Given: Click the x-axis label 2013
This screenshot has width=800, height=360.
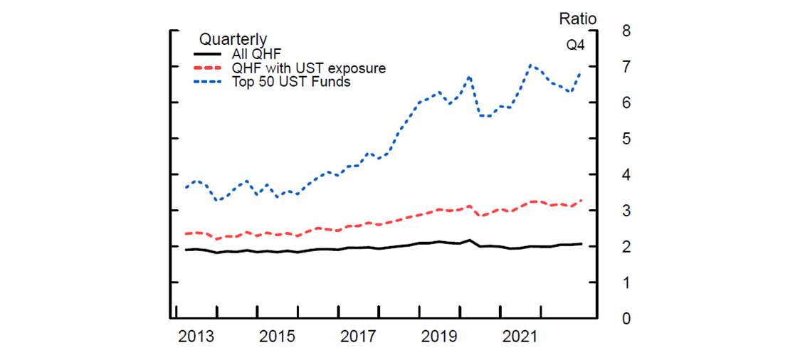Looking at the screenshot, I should pyautogui.click(x=196, y=336).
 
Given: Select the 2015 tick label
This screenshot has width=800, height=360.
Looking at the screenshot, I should pyautogui.click(x=278, y=336).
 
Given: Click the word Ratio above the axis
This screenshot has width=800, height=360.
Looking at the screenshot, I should pyautogui.click(x=577, y=18).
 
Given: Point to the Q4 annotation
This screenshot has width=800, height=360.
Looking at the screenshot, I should pyautogui.click(x=576, y=46).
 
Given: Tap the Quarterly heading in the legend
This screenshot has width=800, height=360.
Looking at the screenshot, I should pyautogui.click(x=233, y=39).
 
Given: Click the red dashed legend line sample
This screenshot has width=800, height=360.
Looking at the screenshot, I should pyautogui.click(x=208, y=68).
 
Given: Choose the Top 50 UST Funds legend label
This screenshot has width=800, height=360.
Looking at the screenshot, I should pyautogui.click(x=291, y=82).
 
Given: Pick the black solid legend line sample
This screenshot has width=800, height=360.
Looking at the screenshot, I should pyautogui.click(x=208, y=54).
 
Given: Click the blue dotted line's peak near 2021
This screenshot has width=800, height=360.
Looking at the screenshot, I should pyautogui.click(x=530, y=65).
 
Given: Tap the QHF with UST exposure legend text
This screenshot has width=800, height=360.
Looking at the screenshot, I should pyautogui.click(x=309, y=68).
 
